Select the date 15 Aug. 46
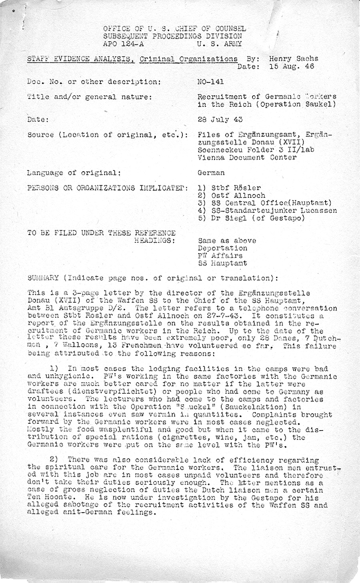click(x=292, y=66)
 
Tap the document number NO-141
click(x=211, y=82)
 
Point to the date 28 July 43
click(x=220, y=119)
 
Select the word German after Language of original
click(x=211, y=173)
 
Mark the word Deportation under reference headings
click(x=222, y=248)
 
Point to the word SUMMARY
click(x=43, y=278)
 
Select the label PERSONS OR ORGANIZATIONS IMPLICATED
click(x=107, y=188)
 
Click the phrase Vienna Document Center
click(x=247, y=157)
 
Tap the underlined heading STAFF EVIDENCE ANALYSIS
click(x=80, y=59)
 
